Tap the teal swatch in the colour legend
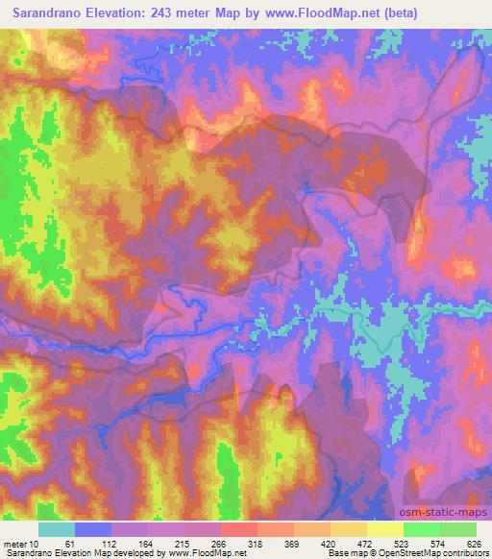pos(57,529)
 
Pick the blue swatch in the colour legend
pos(93,529)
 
